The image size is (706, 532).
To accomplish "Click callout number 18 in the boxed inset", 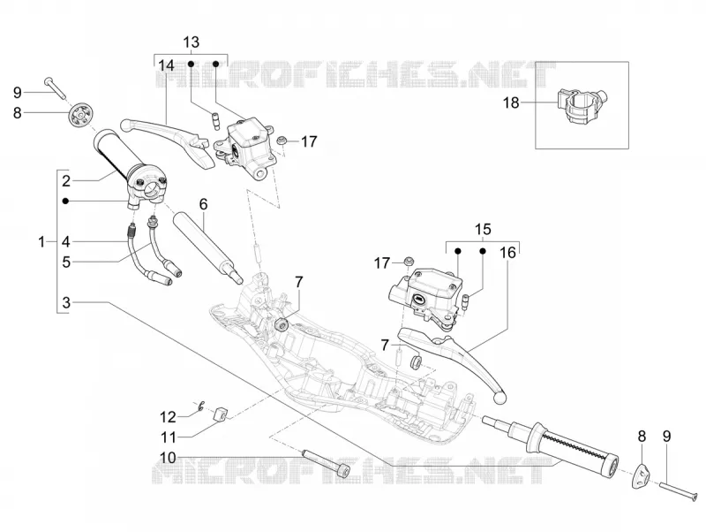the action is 511,103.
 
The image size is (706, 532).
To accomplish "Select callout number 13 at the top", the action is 191,42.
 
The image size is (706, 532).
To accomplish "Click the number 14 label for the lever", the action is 166,65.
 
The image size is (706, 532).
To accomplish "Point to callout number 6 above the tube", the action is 204,204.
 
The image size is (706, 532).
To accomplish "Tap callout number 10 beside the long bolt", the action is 168,458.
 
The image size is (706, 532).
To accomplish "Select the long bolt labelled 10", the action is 327,462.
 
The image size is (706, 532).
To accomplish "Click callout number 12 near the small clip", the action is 168,417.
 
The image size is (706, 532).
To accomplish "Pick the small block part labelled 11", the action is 220,414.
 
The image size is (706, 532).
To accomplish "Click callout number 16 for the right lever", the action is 508,253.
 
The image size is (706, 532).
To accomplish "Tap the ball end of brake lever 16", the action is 500,397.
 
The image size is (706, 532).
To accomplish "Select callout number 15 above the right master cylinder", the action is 483,230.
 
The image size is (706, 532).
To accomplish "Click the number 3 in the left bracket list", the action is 66,303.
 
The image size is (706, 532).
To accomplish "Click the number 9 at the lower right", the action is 667,437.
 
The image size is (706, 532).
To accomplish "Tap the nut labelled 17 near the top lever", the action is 282,141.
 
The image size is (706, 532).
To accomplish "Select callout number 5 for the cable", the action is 66,262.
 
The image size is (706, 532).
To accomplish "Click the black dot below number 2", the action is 66,201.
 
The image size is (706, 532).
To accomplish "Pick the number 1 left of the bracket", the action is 41,242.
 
